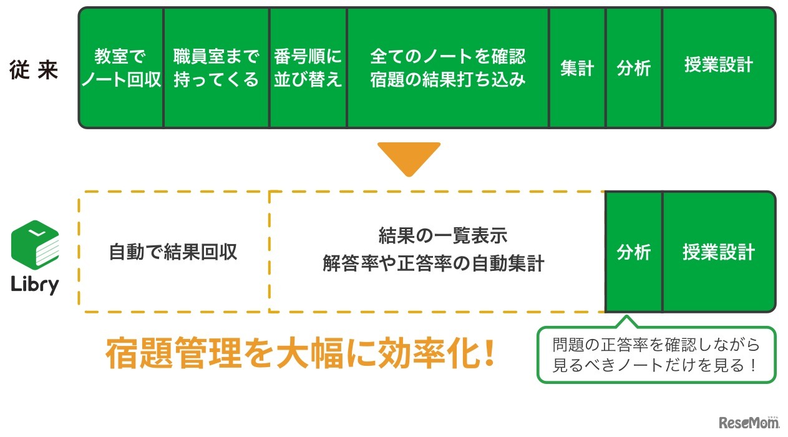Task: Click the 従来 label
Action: click(34, 69)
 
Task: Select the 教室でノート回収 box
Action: click(121, 68)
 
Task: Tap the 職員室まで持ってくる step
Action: click(216, 68)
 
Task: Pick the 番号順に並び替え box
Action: click(308, 68)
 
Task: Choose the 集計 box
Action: click(577, 68)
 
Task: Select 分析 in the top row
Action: click(633, 68)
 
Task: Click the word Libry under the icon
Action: click(35, 284)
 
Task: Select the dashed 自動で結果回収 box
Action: click(173, 252)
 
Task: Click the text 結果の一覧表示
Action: click(443, 235)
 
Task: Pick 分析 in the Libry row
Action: click(633, 252)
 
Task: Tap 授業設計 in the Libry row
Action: click(719, 252)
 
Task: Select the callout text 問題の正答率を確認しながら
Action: click(656, 345)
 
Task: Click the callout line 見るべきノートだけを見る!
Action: click(656, 365)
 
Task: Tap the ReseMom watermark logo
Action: click(749, 423)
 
